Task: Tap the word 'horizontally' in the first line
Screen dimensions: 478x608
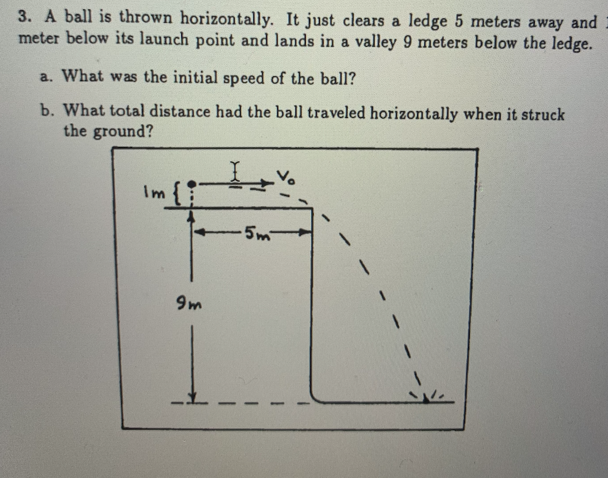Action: point(228,19)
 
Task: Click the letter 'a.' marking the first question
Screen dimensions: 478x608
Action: point(45,77)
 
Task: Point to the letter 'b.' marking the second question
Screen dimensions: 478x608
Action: point(47,111)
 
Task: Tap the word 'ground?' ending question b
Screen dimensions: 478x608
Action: point(123,131)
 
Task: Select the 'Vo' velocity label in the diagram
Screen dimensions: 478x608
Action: point(286,178)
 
